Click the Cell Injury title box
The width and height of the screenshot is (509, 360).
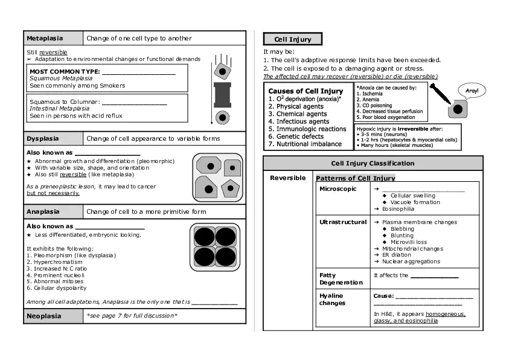[x=293, y=39]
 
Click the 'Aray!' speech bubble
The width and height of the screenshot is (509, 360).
[x=472, y=91]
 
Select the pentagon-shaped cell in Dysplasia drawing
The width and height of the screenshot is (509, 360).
[x=230, y=188]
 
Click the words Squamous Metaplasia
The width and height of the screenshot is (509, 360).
[x=61, y=79]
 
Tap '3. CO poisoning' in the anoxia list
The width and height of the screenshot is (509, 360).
[x=374, y=106]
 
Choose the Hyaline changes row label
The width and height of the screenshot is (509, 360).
[x=331, y=299]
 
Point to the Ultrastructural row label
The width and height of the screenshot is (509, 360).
[x=342, y=222]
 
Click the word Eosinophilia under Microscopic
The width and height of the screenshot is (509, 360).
[x=398, y=209]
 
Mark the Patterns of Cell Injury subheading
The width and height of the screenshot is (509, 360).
[x=355, y=178]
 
